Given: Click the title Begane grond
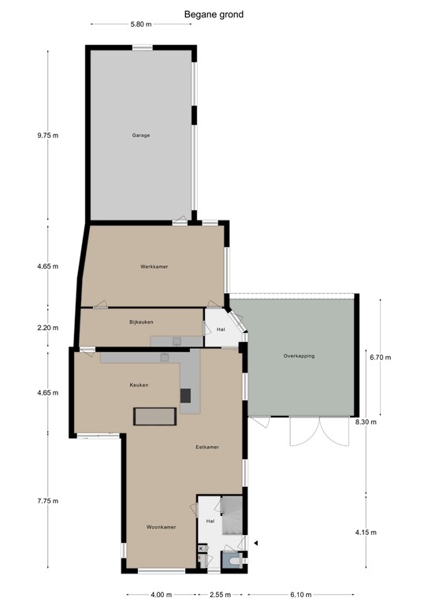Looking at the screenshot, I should click(214, 13).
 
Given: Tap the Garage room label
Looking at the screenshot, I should click(141, 135).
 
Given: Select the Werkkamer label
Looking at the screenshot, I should click(154, 267).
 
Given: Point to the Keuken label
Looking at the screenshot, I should click(140, 384).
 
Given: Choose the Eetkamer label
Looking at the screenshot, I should click(207, 447).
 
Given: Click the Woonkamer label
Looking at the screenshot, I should click(160, 526).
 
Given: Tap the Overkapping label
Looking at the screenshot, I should click(299, 356).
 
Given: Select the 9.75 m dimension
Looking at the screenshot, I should click(47, 135).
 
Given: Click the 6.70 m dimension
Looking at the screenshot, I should click(380, 357).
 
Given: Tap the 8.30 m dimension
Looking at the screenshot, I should click(367, 421).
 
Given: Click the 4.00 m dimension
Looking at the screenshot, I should click(161, 595).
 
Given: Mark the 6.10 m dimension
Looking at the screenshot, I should click(300, 595).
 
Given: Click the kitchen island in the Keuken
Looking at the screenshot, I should click(154, 416).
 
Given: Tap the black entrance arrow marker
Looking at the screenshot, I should click(255, 542).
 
